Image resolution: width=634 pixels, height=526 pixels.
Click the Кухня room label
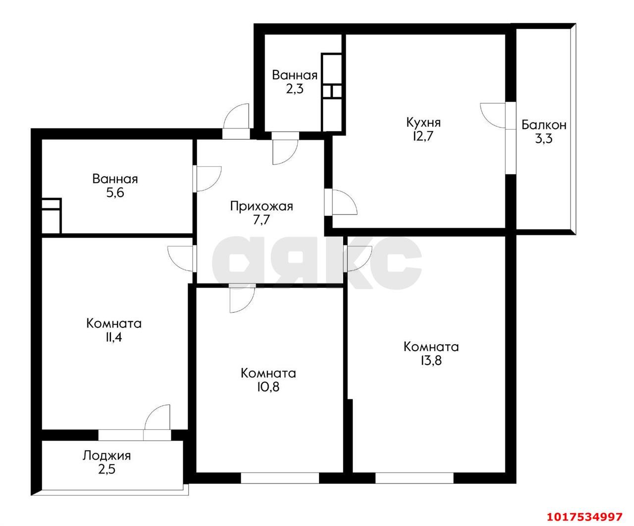[423, 123]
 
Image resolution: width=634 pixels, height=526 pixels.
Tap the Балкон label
[544, 125]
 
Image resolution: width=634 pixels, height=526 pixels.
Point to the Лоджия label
[106, 456]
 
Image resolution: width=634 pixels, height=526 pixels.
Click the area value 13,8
[431, 361]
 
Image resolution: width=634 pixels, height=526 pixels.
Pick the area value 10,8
[268, 387]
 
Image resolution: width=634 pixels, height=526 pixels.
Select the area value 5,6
[115, 193]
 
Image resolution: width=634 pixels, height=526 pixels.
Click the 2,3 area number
[295, 89]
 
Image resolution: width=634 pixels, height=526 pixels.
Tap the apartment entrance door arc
[236, 116]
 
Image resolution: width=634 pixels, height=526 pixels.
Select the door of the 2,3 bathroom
[285, 152]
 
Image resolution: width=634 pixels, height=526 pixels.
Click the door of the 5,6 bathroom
[209, 179]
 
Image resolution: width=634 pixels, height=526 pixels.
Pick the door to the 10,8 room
[242, 300]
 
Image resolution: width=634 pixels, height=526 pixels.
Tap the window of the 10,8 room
[280, 478]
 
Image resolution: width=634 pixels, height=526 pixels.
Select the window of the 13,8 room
[414, 478]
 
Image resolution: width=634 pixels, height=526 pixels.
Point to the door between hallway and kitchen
[345, 202]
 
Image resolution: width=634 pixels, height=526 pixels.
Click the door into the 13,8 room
[360, 259]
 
